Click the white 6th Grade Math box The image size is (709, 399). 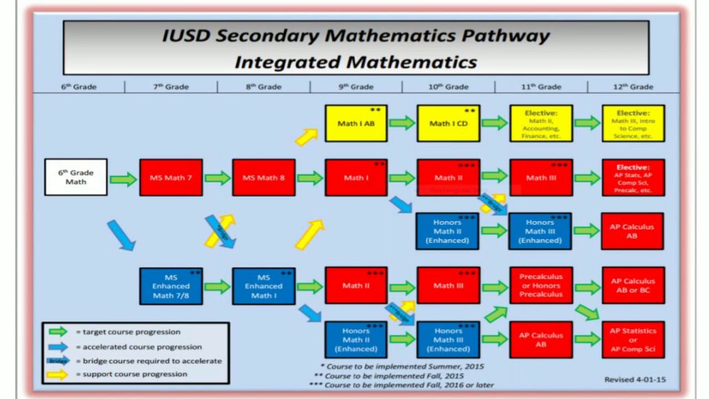coord(76,177)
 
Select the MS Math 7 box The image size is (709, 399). coord(171,178)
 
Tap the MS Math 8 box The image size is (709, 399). coord(264,178)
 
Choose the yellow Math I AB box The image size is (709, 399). coord(356,123)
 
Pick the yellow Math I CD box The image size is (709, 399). coord(449,123)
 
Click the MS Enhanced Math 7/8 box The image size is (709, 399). coord(171,286)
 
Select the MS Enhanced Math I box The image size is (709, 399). coord(264,286)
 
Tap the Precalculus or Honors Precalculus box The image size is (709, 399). coord(541,285)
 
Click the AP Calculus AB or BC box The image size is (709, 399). coord(633,285)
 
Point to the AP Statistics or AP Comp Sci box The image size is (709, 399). coord(633,340)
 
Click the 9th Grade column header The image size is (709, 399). coord(356,86)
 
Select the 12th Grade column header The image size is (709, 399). coord(634,86)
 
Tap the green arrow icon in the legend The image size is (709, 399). coord(58,332)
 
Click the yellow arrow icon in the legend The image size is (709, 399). coord(58,374)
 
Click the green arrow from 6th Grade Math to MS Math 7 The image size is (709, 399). coord(124,179)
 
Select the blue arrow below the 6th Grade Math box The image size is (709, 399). coord(121,235)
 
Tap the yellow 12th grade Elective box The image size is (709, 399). coord(633,124)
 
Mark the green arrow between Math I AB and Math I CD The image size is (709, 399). coord(402,123)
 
